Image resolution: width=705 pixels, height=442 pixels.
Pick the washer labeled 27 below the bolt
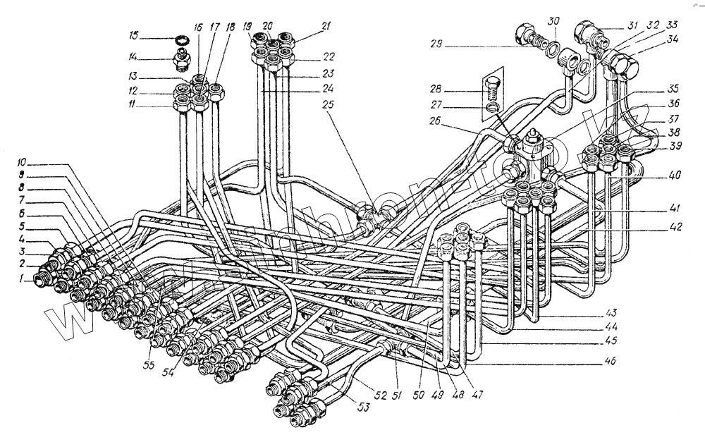pyautogui.click(x=493, y=107)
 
